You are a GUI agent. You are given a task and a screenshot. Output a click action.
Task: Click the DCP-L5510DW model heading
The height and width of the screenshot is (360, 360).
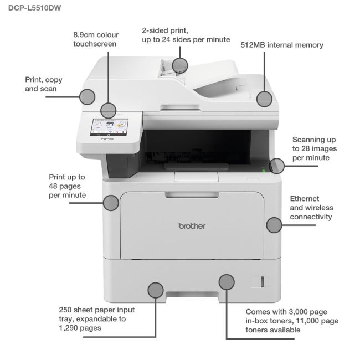[x=34, y=9]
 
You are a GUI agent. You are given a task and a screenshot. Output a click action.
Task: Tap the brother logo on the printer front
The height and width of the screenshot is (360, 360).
[x=192, y=226]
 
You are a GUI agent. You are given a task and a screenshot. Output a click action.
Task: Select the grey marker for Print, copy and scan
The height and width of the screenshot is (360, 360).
[x=88, y=96]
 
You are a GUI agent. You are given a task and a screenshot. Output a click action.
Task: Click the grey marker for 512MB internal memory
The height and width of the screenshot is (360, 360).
[x=265, y=99]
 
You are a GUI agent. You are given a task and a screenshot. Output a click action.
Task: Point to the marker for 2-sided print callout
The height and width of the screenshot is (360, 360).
[x=180, y=65]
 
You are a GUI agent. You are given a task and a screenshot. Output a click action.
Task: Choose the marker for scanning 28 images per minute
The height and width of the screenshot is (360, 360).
[x=276, y=165]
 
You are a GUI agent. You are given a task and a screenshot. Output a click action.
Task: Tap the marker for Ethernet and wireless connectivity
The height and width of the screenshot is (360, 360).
[x=274, y=225]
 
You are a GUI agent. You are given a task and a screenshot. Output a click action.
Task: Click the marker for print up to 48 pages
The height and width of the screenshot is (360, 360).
[x=111, y=202]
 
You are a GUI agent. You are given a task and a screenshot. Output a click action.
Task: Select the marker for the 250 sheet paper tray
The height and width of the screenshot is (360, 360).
[x=156, y=289]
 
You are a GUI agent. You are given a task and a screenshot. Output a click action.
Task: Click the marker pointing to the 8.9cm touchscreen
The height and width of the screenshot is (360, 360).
[x=109, y=109]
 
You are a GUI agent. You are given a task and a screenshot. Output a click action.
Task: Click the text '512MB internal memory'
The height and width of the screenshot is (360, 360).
[x=282, y=45]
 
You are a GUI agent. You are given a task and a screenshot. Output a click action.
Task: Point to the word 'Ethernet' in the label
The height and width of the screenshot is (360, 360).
[x=305, y=198]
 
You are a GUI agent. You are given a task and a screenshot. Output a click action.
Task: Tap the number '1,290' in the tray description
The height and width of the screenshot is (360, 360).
[x=71, y=328]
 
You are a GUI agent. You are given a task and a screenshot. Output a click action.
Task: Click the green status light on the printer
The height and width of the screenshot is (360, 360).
[x=263, y=171]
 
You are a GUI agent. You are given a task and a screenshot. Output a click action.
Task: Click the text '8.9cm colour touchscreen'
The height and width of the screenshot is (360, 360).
[x=96, y=39]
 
